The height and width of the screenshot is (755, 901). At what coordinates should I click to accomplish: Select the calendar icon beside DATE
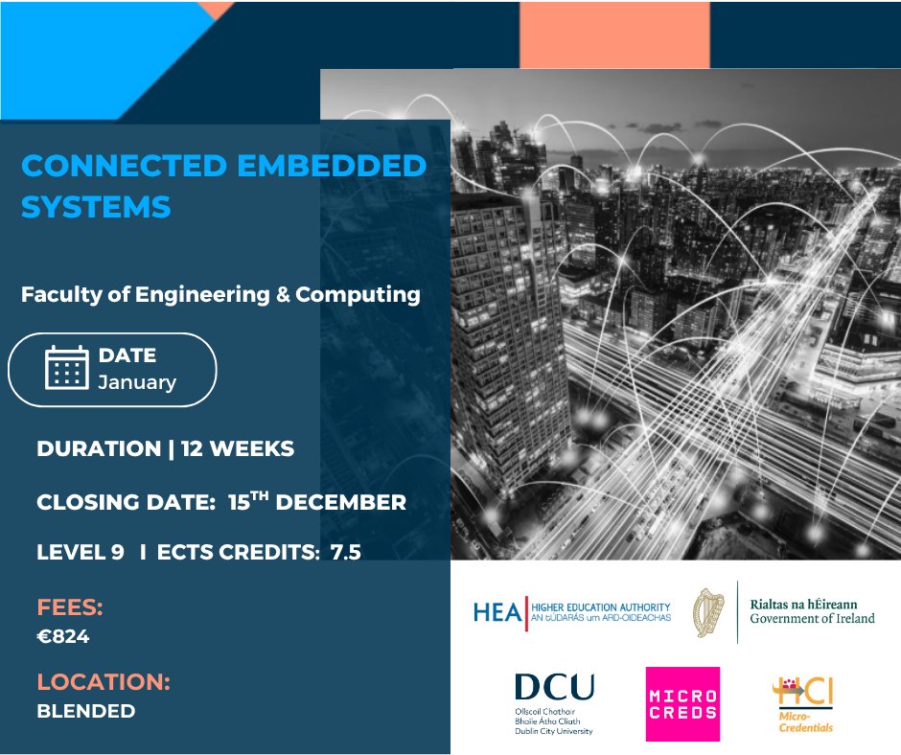tap(67, 368)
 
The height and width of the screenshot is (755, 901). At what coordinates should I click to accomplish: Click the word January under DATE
tap(137, 382)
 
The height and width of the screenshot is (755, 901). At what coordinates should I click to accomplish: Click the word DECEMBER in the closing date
tap(345, 502)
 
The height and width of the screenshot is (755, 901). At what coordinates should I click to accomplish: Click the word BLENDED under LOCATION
tap(85, 711)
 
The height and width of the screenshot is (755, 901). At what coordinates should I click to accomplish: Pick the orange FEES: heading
tap(70, 607)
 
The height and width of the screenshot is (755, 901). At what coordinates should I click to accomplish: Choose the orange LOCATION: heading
tap(104, 683)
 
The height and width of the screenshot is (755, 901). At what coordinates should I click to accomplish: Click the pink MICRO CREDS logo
tap(682, 703)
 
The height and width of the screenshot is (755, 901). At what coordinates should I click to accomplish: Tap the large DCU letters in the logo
tap(554, 687)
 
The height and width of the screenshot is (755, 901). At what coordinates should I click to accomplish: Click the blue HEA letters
tap(497, 612)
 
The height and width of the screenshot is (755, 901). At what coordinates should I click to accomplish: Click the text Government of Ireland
tap(812, 619)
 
